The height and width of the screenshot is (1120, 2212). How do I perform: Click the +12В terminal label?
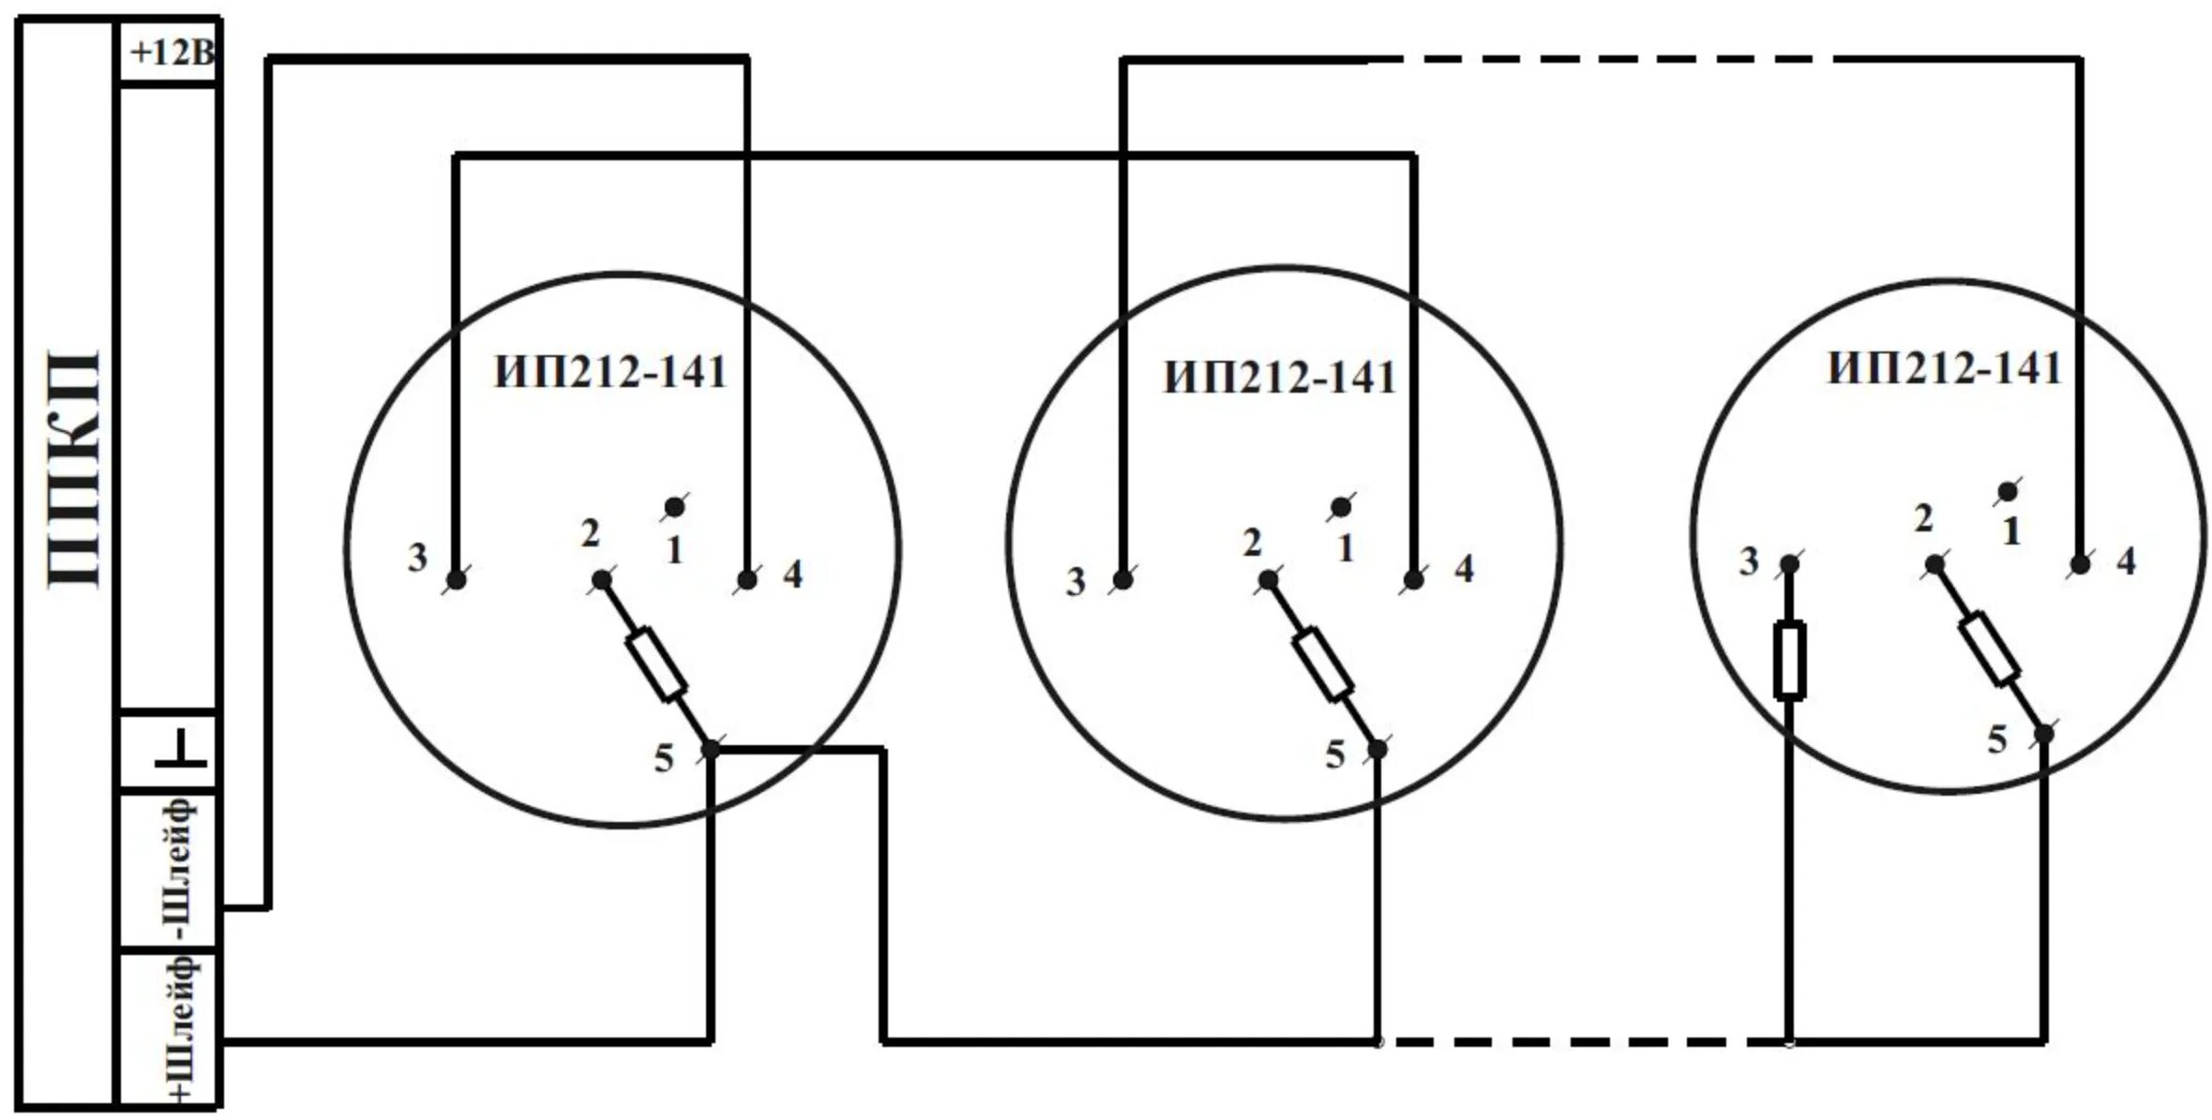(171, 52)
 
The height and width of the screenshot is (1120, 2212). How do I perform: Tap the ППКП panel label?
(73, 469)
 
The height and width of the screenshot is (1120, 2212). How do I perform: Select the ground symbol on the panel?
(180, 751)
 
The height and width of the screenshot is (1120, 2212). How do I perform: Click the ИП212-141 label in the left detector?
(610, 373)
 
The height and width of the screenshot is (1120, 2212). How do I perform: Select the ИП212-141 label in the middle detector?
(1279, 378)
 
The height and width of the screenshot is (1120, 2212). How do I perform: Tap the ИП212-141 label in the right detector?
(1945, 367)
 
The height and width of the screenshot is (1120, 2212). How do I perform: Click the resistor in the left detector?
(656, 665)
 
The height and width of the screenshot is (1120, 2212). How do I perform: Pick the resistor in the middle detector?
(1323, 665)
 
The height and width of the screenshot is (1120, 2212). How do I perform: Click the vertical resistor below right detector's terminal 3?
(1789, 660)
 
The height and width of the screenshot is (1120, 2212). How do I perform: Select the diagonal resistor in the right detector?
(1990, 649)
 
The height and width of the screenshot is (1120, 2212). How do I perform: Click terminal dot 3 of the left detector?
(456, 580)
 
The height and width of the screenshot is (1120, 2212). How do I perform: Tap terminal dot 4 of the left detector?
(746, 580)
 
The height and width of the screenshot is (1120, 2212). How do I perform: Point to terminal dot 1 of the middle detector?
(1341, 507)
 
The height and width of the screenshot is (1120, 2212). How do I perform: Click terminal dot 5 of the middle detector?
(1377, 749)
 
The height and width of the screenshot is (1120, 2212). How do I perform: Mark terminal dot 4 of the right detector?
(2080, 564)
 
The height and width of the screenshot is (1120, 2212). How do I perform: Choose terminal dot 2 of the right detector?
(1934, 564)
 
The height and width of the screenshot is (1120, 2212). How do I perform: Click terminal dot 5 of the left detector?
(711, 749)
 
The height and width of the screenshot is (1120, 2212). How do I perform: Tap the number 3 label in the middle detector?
(1076, 582)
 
